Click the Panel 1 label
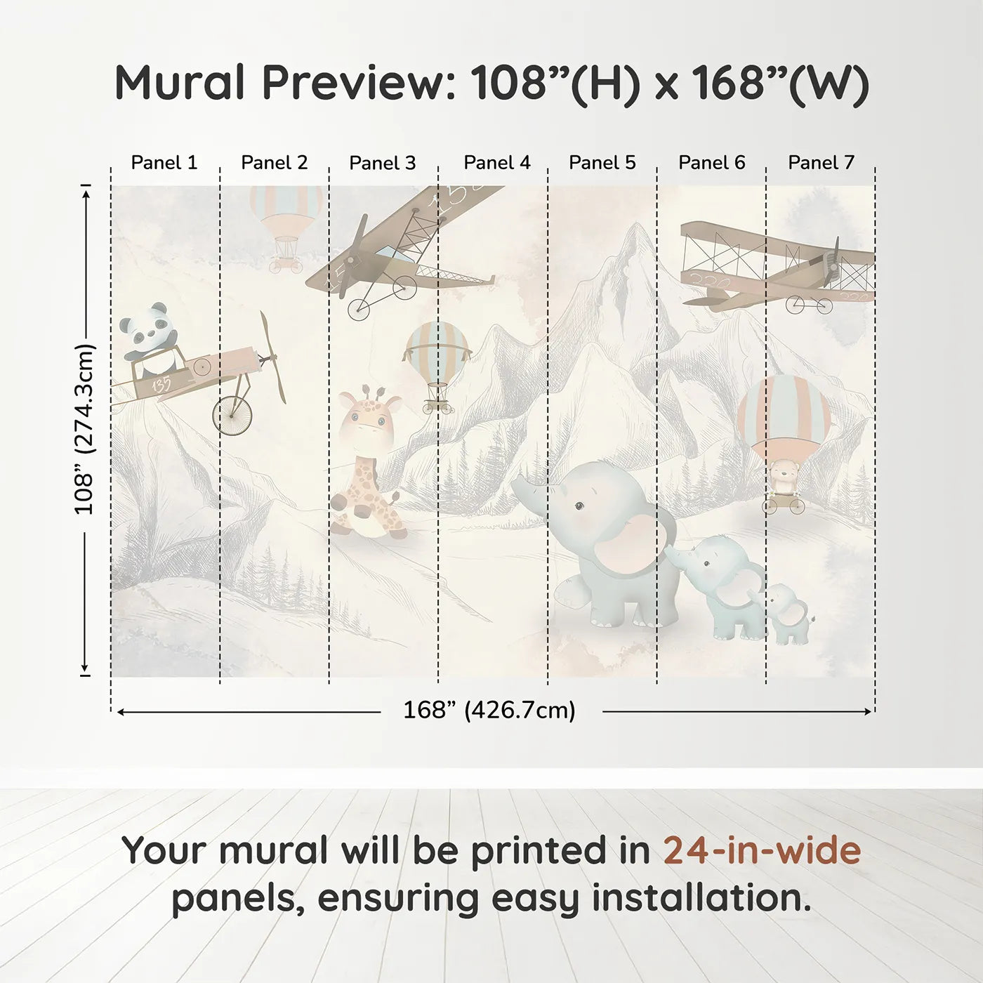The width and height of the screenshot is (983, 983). click(x=164, y=163)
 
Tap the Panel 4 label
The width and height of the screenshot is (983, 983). click(x=497, y=163)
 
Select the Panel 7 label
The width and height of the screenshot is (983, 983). click(x=821, y=163)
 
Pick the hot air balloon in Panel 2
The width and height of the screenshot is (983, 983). click(x=286, y=225)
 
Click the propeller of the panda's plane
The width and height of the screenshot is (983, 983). click(x=272, y=358)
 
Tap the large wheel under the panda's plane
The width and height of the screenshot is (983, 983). click(x=232, y=416)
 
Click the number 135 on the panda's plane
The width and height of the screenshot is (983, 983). click(x=161, y=385)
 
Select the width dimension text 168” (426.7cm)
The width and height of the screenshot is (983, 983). click(x=489, y=711)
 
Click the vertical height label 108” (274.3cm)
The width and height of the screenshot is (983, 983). click(x=84, y=429)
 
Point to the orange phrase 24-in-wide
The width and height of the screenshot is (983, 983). click(x=762, y=850)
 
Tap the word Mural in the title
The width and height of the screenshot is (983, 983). click(x=181, y=82)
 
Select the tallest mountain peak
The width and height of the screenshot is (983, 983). click(x=635, y=232)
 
